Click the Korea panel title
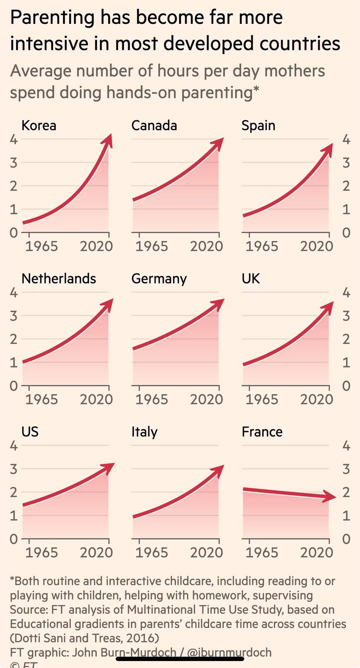coord(39,126)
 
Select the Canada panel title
coord(154,126)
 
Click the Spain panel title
coord(258,126)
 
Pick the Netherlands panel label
coord(59,278)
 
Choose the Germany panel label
coord(159,278)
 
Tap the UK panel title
coord(250,278)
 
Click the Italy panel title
coord(144,432)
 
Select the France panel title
coord(262,432)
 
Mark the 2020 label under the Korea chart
coord(96,246)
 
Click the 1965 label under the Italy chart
coord(151,552)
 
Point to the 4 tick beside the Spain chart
coord(346,140)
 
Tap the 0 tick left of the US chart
coord(14,539)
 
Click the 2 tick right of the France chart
coord(346,493)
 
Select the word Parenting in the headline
coord(52,18)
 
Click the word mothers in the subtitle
coord(294,71)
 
